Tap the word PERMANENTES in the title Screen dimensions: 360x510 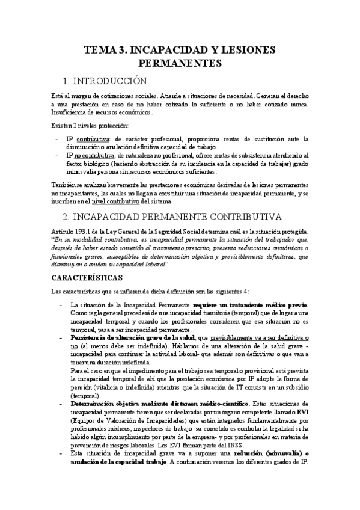[180, 63]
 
